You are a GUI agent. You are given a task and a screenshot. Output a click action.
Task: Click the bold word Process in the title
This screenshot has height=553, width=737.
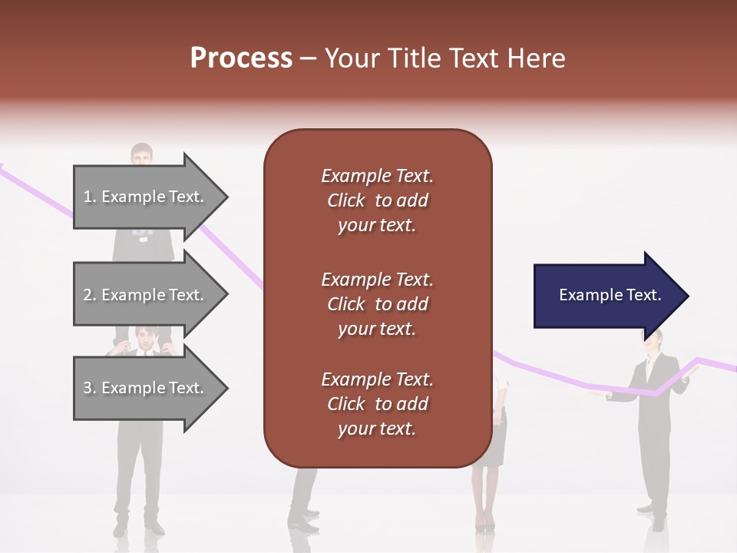[241, 58]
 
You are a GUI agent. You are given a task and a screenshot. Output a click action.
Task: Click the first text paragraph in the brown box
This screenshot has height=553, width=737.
[377, 200]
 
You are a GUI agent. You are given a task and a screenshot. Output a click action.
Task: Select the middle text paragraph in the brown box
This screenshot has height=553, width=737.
[377, 304]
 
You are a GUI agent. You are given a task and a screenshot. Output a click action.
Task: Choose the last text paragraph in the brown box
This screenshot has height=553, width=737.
[377, 404]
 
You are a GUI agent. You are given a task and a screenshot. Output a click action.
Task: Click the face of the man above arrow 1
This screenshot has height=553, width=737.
[141, 156]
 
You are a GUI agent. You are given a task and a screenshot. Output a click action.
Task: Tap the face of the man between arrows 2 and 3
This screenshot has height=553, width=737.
[143, 338]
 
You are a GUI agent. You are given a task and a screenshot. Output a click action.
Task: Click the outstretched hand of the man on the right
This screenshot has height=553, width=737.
[597, 395]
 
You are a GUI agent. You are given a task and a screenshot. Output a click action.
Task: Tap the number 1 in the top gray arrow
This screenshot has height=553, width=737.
[88, 197]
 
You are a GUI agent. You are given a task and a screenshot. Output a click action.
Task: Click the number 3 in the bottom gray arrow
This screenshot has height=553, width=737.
[88, 388]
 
